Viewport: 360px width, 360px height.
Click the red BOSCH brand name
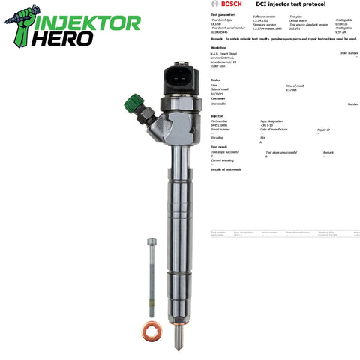click(222, 5)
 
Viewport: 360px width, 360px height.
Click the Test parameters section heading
click(224, 14)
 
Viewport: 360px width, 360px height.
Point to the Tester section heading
click(216, 79)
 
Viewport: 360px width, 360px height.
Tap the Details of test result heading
click(226, 169)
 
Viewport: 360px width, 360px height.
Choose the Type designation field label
click(273, 121)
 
